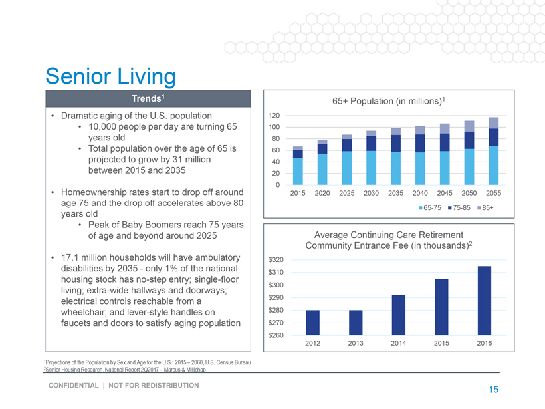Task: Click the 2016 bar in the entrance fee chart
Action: coord(484,300)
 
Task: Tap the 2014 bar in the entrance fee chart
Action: coord(398,315)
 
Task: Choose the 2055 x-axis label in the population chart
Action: coord(493,193)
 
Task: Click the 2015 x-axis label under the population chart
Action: coord(298,193)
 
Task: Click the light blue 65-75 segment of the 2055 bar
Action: coord(493,165)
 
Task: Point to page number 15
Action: coord(492,390)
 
